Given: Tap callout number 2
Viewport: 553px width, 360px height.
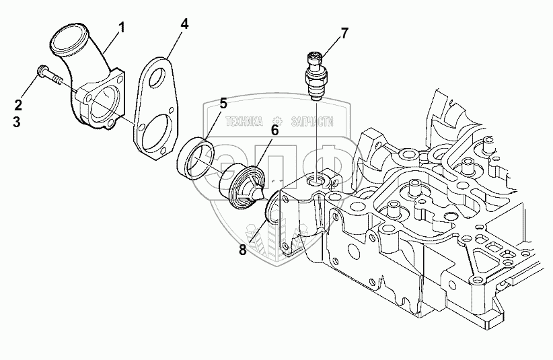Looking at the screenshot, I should pos(18,104).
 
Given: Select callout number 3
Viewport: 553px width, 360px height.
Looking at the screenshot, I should pos(18,122).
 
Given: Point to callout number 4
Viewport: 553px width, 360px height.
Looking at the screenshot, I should pos(184,24).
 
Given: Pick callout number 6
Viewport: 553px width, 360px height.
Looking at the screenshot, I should pos(274,129).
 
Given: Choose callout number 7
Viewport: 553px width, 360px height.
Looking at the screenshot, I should pos(344,32).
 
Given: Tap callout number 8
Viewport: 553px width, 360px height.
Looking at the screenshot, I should pos(242,250).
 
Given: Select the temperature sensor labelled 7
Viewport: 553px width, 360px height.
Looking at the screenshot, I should pos(316,74).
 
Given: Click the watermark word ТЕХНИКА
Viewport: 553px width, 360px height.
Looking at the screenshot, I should pos(243,122).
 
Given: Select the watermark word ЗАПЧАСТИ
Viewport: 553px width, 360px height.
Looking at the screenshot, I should pos(311,122).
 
